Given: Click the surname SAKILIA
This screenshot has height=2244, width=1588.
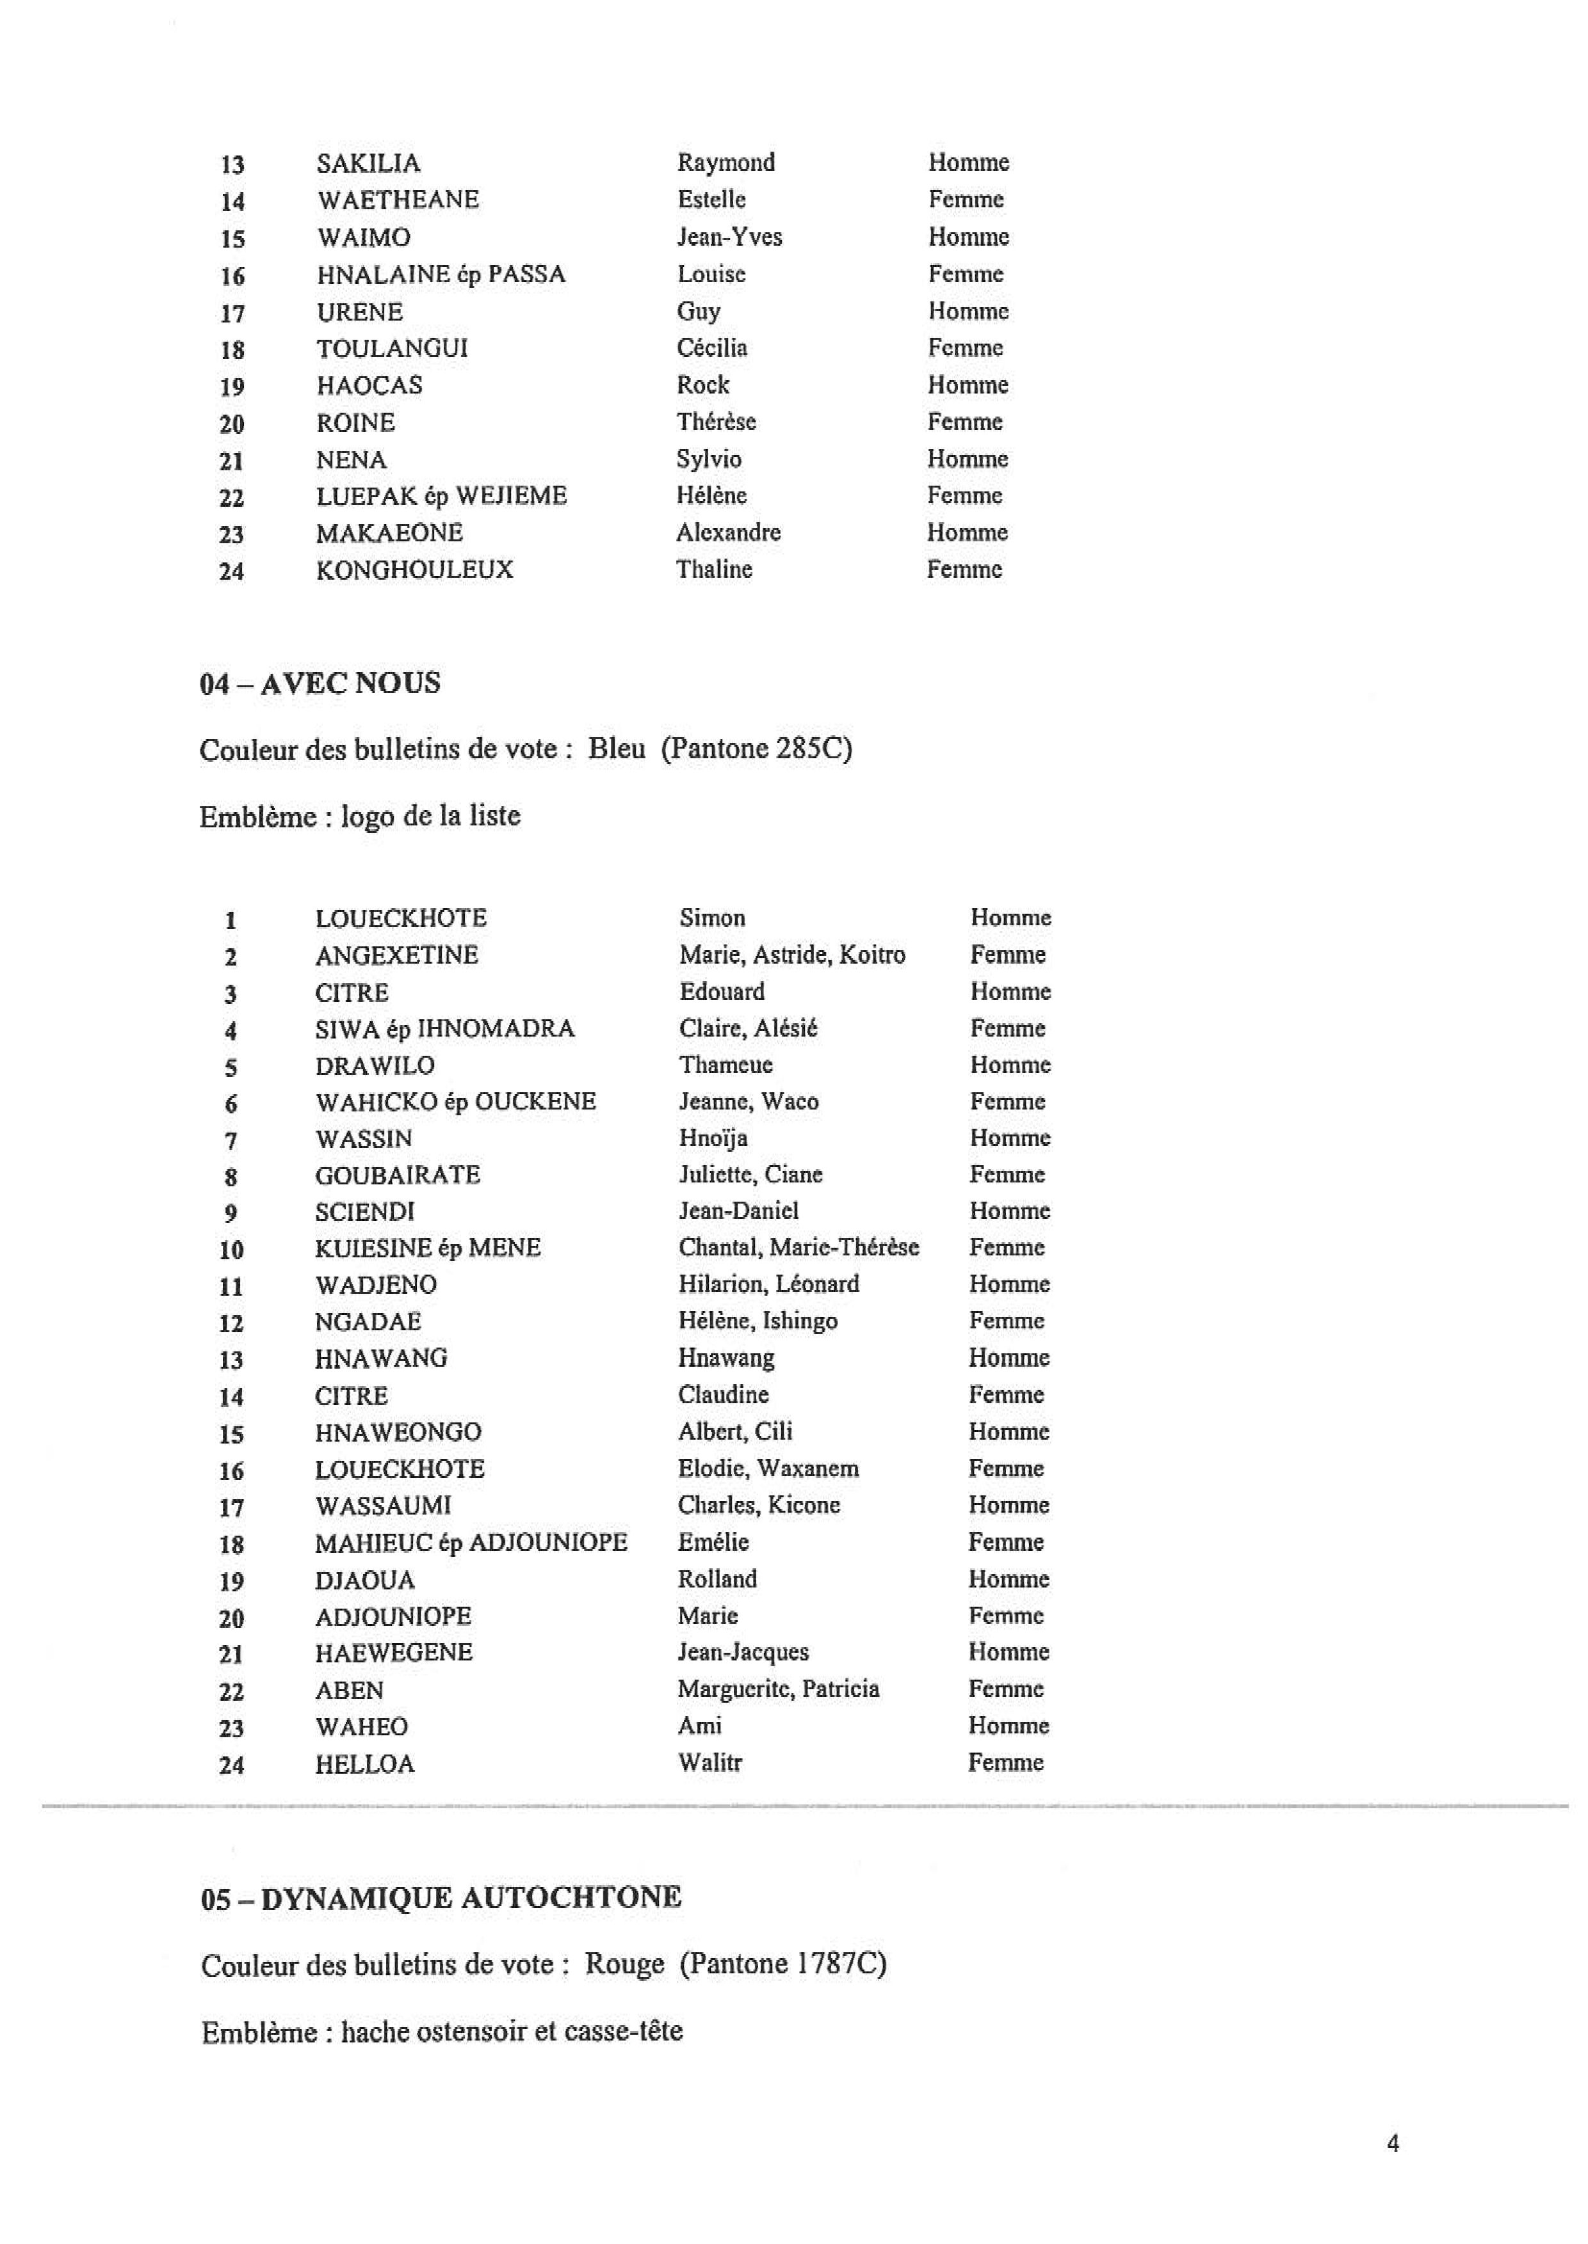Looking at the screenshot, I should point(368,163).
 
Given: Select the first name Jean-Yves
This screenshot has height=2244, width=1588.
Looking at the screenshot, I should point(729,237).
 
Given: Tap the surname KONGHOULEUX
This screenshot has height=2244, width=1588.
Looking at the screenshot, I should point(414,569).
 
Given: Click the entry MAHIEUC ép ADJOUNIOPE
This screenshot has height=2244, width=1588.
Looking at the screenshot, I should point(471,1542).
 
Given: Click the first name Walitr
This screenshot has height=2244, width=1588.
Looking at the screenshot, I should point(710,1763).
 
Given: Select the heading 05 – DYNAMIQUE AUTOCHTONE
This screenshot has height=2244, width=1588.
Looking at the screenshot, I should point(441,1898).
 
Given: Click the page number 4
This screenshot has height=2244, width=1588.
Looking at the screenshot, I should point(1393,2144).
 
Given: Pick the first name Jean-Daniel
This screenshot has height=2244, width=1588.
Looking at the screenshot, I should point(738,1211).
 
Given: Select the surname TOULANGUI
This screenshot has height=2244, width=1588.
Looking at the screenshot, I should point(391,349).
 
